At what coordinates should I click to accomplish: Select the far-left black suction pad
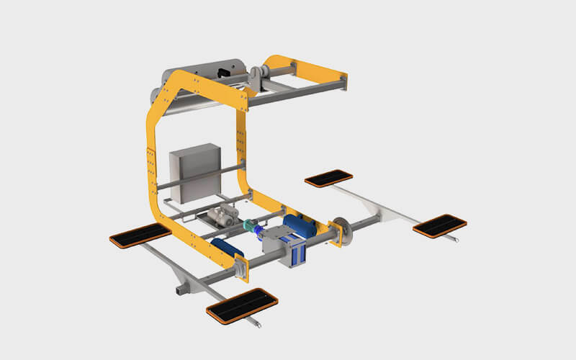coord(140,235)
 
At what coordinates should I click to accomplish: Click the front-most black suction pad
coord(242,303)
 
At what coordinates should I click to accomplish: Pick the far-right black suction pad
coord(439,225)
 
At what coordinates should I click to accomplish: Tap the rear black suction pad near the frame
coord(328,177)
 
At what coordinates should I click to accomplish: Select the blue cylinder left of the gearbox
coord(225,248)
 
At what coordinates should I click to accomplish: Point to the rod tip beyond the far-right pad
coord(458,240)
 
